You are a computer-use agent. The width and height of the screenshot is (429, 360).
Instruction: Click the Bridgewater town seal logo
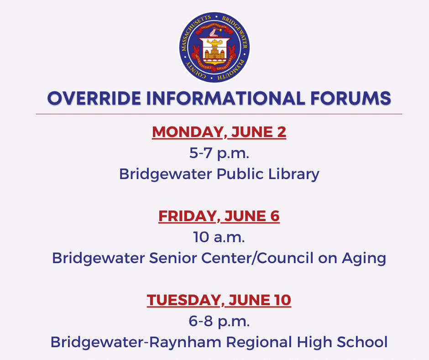[x=214, y=48]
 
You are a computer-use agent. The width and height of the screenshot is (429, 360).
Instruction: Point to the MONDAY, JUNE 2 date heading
[x=219, y=132]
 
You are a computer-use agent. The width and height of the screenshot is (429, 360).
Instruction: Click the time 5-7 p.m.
[x=219, y=153]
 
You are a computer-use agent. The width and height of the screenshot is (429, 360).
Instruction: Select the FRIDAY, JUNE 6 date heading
[x=219, y=216]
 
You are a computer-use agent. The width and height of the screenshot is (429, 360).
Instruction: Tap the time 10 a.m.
[x=219, y=237]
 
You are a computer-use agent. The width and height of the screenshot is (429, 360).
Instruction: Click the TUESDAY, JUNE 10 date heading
[x=219, y=300]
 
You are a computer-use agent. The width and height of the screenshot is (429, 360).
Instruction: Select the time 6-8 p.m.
[x=219, y=321]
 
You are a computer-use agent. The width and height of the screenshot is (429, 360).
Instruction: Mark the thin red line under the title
[x=219, y=114]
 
